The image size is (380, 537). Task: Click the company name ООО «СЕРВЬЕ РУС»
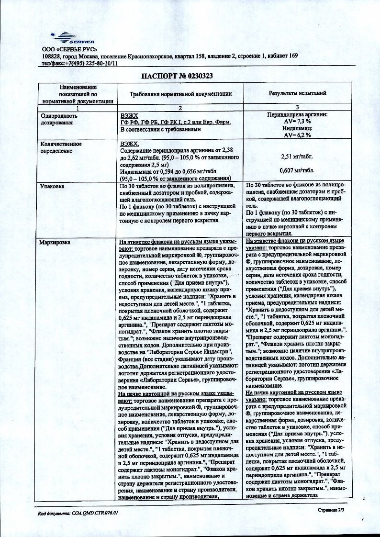[x=70, y=49]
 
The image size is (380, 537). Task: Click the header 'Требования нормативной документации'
[x=180, y=94]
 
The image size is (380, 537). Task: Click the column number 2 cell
[x=180, y=107]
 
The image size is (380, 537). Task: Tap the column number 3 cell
[x=297, y=107]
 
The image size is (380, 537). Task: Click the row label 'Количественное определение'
[x=61, y=147]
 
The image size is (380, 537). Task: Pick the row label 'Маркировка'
[x=55, y=242]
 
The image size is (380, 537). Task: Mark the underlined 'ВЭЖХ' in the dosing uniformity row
[x=129, y=116]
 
